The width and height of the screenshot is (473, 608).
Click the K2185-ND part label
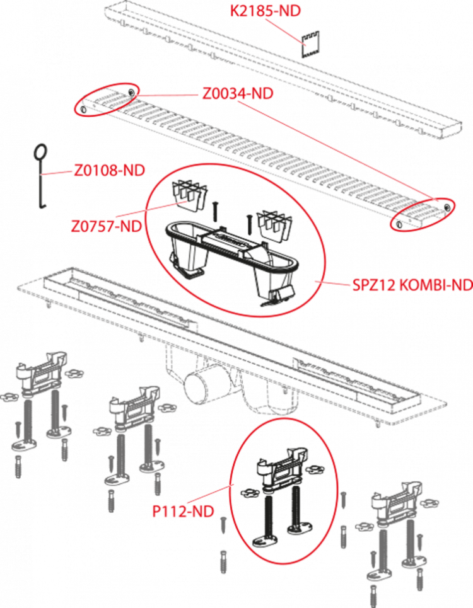point(266,11)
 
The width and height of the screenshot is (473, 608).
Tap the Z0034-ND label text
point(238,93)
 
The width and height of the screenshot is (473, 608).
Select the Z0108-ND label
point(110,170)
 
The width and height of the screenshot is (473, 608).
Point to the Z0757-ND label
point(106,226)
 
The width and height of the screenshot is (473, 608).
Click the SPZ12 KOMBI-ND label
point(412,285)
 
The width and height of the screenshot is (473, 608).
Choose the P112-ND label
point(183,512)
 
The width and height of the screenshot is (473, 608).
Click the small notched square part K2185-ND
point(310,45)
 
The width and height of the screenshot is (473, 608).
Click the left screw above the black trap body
point(214,212)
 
